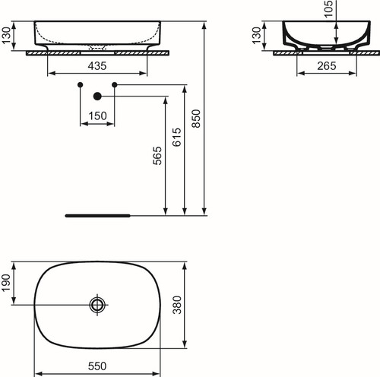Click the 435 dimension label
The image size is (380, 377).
pos(97,66)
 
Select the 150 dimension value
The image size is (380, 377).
pos(97,116)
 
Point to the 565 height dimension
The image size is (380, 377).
pos(157,156)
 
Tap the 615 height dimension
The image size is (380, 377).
pos(177,138)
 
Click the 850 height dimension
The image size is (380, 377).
pos(196,119)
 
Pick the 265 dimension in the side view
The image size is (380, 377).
pos(327,66)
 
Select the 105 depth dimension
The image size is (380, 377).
pos(328,9)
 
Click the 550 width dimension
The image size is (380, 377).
pos(97,366)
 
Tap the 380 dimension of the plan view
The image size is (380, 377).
pos(177,305)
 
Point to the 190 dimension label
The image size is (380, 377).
pos(5,283)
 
